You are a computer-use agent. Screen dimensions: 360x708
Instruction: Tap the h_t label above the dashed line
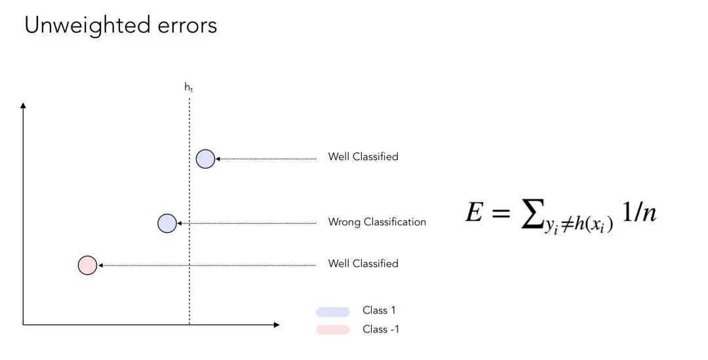click(189, 87)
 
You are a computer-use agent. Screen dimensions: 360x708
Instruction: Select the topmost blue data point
click(205, 159)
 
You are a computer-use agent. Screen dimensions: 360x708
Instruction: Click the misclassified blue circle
click(167, 224)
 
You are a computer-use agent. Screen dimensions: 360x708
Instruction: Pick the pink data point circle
click(87, 265)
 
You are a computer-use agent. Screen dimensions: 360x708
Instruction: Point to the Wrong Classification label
click(377, 222)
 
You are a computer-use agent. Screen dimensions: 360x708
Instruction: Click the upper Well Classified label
click(363, 157)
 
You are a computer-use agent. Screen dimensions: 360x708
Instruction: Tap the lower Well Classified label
click(363, 264)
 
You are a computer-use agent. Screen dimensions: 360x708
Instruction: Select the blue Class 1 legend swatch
click(332, 311)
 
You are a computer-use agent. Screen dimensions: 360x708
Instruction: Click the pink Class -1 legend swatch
click(332, 330)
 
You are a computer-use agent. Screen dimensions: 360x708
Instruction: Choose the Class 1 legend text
click(379, 311)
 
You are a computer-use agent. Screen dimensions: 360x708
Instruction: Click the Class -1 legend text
click(381, 330)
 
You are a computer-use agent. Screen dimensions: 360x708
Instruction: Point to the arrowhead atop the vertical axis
click(24, 105)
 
